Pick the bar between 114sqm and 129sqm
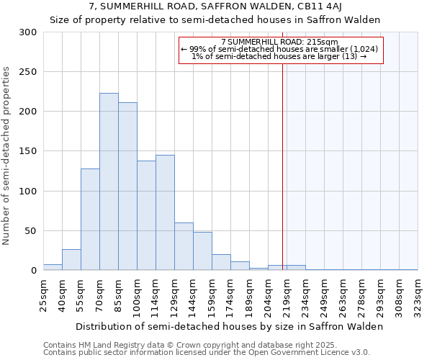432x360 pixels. pyautogui.click(x=165, y=212)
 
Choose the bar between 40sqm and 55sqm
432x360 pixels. pyautogui.click(x=71, y=260)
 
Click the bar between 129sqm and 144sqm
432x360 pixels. pyautogui.click(x=184, y=246)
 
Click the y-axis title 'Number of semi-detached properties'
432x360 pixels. pyautogui.click(x=6, y=155)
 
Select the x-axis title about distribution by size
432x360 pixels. pyautogui.click(x=229, y=326)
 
